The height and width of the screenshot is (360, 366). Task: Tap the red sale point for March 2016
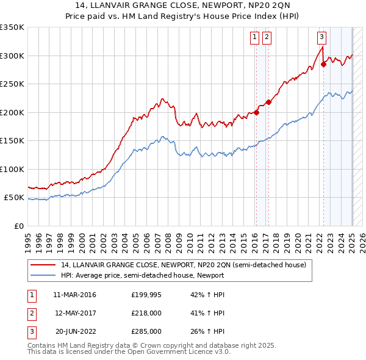[257, 112]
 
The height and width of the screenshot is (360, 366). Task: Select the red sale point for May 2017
[269, 102]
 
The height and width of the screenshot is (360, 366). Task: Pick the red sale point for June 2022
[323, 64]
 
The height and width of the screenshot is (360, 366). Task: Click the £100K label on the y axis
[12, 169]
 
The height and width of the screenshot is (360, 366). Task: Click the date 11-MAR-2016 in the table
[74, 295]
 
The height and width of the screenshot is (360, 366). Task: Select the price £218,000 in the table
[146, 313]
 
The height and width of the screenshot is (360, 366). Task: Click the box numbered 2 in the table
[31, 313]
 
